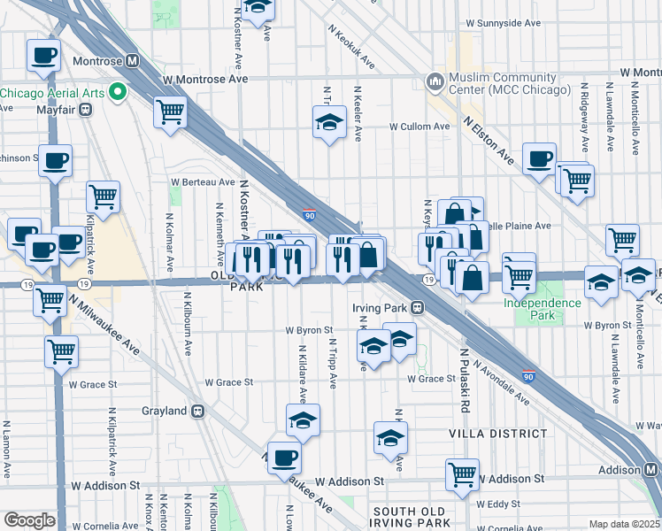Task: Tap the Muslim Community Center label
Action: click(x=508, y=84)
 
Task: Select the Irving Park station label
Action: click(x=385, y=307)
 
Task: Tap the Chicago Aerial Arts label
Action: click(x=53, y=92)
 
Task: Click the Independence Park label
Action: click(x=543, y=304)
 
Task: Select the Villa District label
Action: click(x=497, y=434)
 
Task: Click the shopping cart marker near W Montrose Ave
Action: click(x=170, y=112)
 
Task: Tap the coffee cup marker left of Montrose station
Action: click(x=43, y=56)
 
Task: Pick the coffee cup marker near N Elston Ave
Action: click(x=539, y=159)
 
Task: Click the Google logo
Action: click(x=29, y=520)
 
